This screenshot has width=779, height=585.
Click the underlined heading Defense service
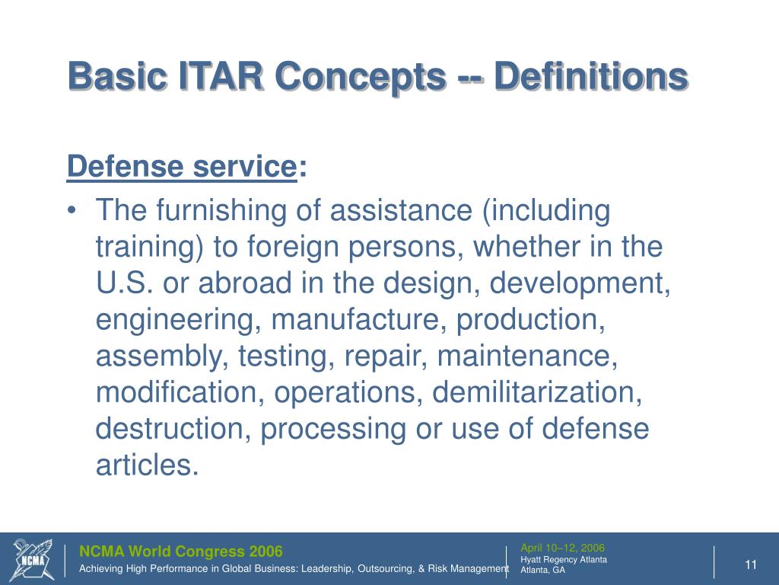(181, 166)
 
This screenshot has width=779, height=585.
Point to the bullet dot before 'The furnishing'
(74, 212)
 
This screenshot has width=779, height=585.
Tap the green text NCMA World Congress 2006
(182, 551)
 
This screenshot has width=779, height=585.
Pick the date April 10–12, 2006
(562, 548)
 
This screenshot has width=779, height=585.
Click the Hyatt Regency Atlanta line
(564, 560)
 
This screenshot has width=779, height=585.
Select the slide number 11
(751, 564)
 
